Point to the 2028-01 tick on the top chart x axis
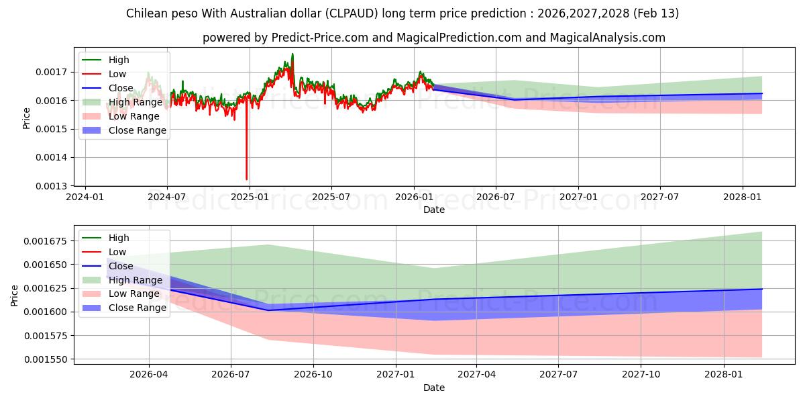743,197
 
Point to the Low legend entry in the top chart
117,74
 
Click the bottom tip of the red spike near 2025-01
246,179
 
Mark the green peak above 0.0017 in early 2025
292,54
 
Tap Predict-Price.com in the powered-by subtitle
320,38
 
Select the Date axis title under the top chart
433,210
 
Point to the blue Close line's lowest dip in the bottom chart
268,310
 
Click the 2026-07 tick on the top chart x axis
496,197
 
